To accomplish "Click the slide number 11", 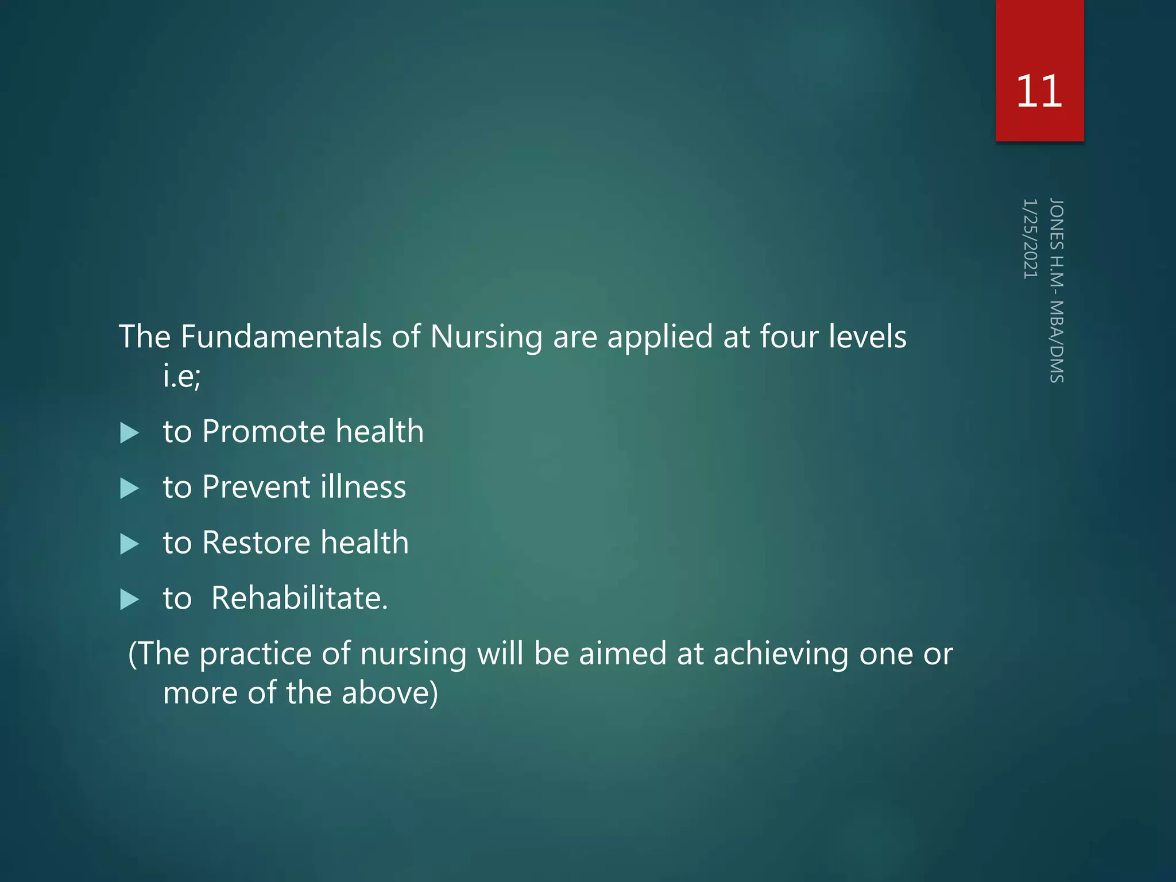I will tap(1039, 92).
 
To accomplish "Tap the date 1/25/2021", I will tap(1030, 239).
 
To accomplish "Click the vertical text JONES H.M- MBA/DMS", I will tap(1057, 291).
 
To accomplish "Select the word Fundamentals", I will tap(281, 336).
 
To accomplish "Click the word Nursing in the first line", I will tap(486, 338).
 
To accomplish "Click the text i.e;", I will tap(181, 377).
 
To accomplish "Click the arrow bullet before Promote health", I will tap(130, 433).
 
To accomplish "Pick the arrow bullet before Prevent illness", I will tap(130, 489).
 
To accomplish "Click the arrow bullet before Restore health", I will tap(130, 544).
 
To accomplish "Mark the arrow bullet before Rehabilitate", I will tap(130, 599).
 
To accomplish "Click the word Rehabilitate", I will tap(299, 598).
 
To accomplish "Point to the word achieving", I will tap(780, 655).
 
